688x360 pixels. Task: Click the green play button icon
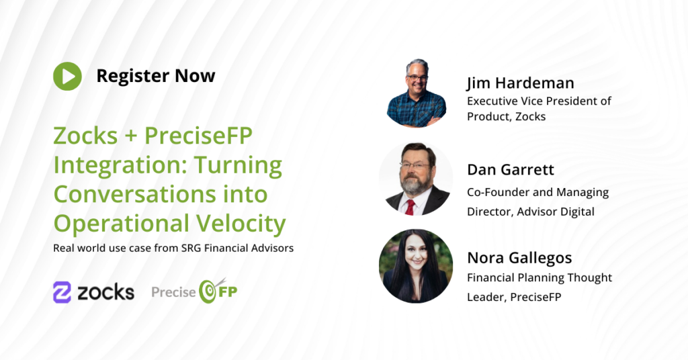68,77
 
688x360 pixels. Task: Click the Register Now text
156,76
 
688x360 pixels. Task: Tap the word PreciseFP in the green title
198,136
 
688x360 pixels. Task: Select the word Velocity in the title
241,223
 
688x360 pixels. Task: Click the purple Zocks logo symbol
62,292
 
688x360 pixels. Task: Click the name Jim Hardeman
521,83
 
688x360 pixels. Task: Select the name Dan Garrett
511,170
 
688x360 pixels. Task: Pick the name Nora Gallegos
519,258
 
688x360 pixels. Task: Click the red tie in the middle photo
410,207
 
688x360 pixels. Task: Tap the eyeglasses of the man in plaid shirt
417,78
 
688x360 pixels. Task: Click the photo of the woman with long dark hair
416,266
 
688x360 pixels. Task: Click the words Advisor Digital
556,212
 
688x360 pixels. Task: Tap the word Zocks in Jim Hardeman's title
531,117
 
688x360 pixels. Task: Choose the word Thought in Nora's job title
590,278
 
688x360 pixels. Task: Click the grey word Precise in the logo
174,292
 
